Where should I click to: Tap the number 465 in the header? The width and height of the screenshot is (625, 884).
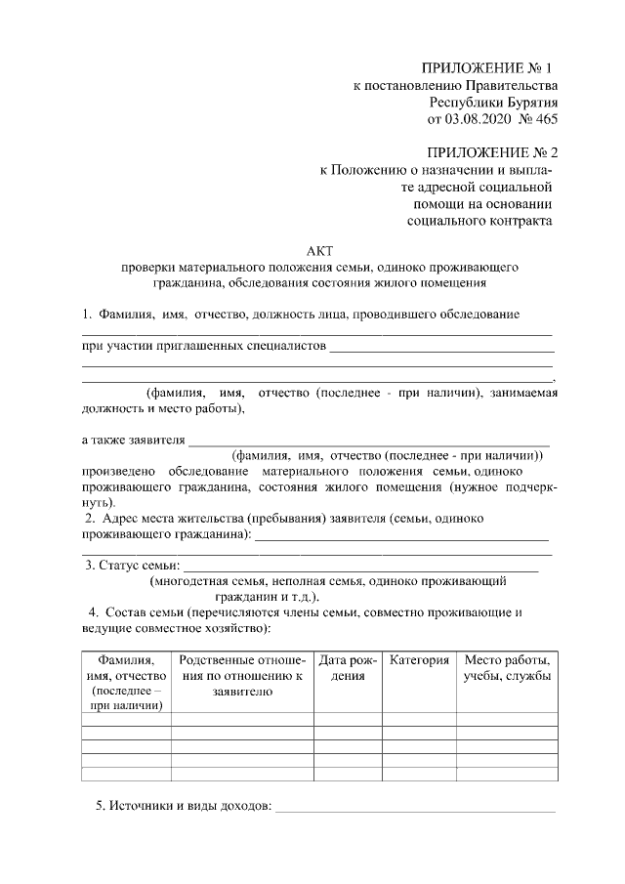[543, 120]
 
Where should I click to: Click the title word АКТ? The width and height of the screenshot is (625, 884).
[319, 250]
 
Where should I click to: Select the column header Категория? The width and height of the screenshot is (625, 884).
[419, 661]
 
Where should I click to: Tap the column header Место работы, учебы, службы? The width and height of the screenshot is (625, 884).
[506, 668]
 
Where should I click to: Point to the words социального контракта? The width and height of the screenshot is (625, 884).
[479, 221]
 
